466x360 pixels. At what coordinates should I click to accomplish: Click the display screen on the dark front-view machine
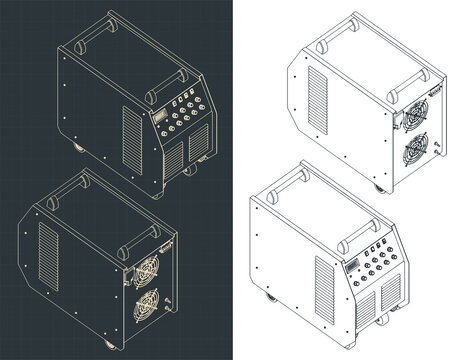coord(163,118)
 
